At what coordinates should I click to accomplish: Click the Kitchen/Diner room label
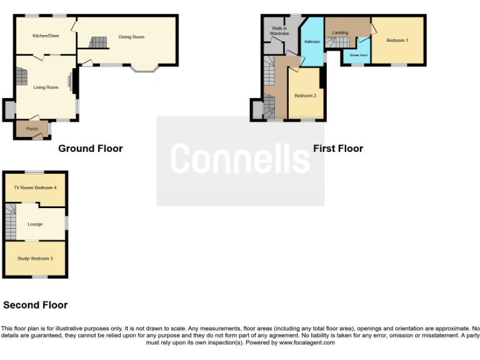click(x=46, y=36)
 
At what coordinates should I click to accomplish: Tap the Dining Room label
click(x=131, y=37)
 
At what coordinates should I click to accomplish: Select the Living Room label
click(x=46, y=87)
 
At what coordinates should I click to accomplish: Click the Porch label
click(x=32, y=129)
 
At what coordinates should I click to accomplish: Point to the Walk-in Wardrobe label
click(x=279, y=31)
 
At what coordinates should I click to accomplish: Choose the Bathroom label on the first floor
click(x=312, y=42)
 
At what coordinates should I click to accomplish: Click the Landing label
click(x=340, y=32)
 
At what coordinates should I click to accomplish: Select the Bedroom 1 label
click(x=397, y=41)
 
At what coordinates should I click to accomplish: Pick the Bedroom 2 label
click(x=306, y=96)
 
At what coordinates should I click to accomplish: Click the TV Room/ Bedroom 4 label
click(x=35, y=187)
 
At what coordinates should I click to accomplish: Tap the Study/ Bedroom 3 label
click(x=35, y=258)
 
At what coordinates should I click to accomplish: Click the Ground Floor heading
click(x=90, y=149)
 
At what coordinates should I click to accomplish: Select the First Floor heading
click(x=337, y=149)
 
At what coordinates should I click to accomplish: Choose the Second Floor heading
click(x=35, y=306)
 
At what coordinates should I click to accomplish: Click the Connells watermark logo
click(x=240, y=159)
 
